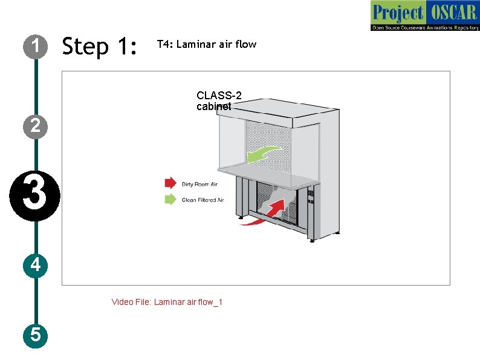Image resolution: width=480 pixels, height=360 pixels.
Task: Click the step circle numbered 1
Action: [36, 46]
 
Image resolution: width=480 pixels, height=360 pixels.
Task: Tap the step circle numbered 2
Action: [36, 126]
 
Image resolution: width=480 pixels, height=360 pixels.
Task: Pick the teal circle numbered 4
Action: [36, 265]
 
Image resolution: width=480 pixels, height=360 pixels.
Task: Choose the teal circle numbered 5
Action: [36, 334]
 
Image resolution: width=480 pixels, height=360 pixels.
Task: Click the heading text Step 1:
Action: [100, 46]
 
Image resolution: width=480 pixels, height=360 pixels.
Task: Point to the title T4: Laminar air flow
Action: [206, 44]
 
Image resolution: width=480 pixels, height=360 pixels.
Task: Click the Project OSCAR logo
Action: [424, 16]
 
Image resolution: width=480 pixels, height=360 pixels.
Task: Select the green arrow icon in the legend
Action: [170, 199]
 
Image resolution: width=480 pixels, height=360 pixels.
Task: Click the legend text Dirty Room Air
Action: [199, 184]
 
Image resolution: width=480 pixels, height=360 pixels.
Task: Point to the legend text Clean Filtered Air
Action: [203, 200]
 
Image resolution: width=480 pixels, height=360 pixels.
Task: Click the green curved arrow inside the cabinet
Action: [263, 153]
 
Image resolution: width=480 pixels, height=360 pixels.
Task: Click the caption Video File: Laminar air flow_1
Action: [167, 302]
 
